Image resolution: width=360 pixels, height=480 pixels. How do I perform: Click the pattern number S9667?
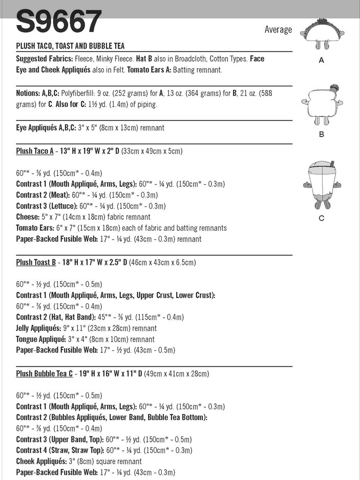pos(59,22)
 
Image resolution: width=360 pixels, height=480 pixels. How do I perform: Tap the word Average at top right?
pos(278,30)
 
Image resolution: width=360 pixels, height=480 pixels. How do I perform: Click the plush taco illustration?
pos(321,35)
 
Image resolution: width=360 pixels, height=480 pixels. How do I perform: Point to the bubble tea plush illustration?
pos(321,184)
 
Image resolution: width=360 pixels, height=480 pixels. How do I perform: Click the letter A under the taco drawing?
pos(322,60)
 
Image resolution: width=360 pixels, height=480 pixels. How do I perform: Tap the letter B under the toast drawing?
pos(322,135)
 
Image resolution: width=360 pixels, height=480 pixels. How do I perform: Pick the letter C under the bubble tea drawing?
pos(322,218)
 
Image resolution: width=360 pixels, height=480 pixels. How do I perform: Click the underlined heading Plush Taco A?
pos(35,151)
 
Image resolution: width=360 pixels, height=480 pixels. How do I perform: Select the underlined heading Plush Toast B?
pos(36,262)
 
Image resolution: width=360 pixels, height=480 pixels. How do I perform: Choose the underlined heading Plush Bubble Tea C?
pos(45,373)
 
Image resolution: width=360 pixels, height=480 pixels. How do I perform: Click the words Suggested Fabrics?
pos(45,59)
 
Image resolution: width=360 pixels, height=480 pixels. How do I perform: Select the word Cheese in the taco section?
pos(28,217)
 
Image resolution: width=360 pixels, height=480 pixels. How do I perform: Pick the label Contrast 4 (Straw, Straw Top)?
pos(59,451)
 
